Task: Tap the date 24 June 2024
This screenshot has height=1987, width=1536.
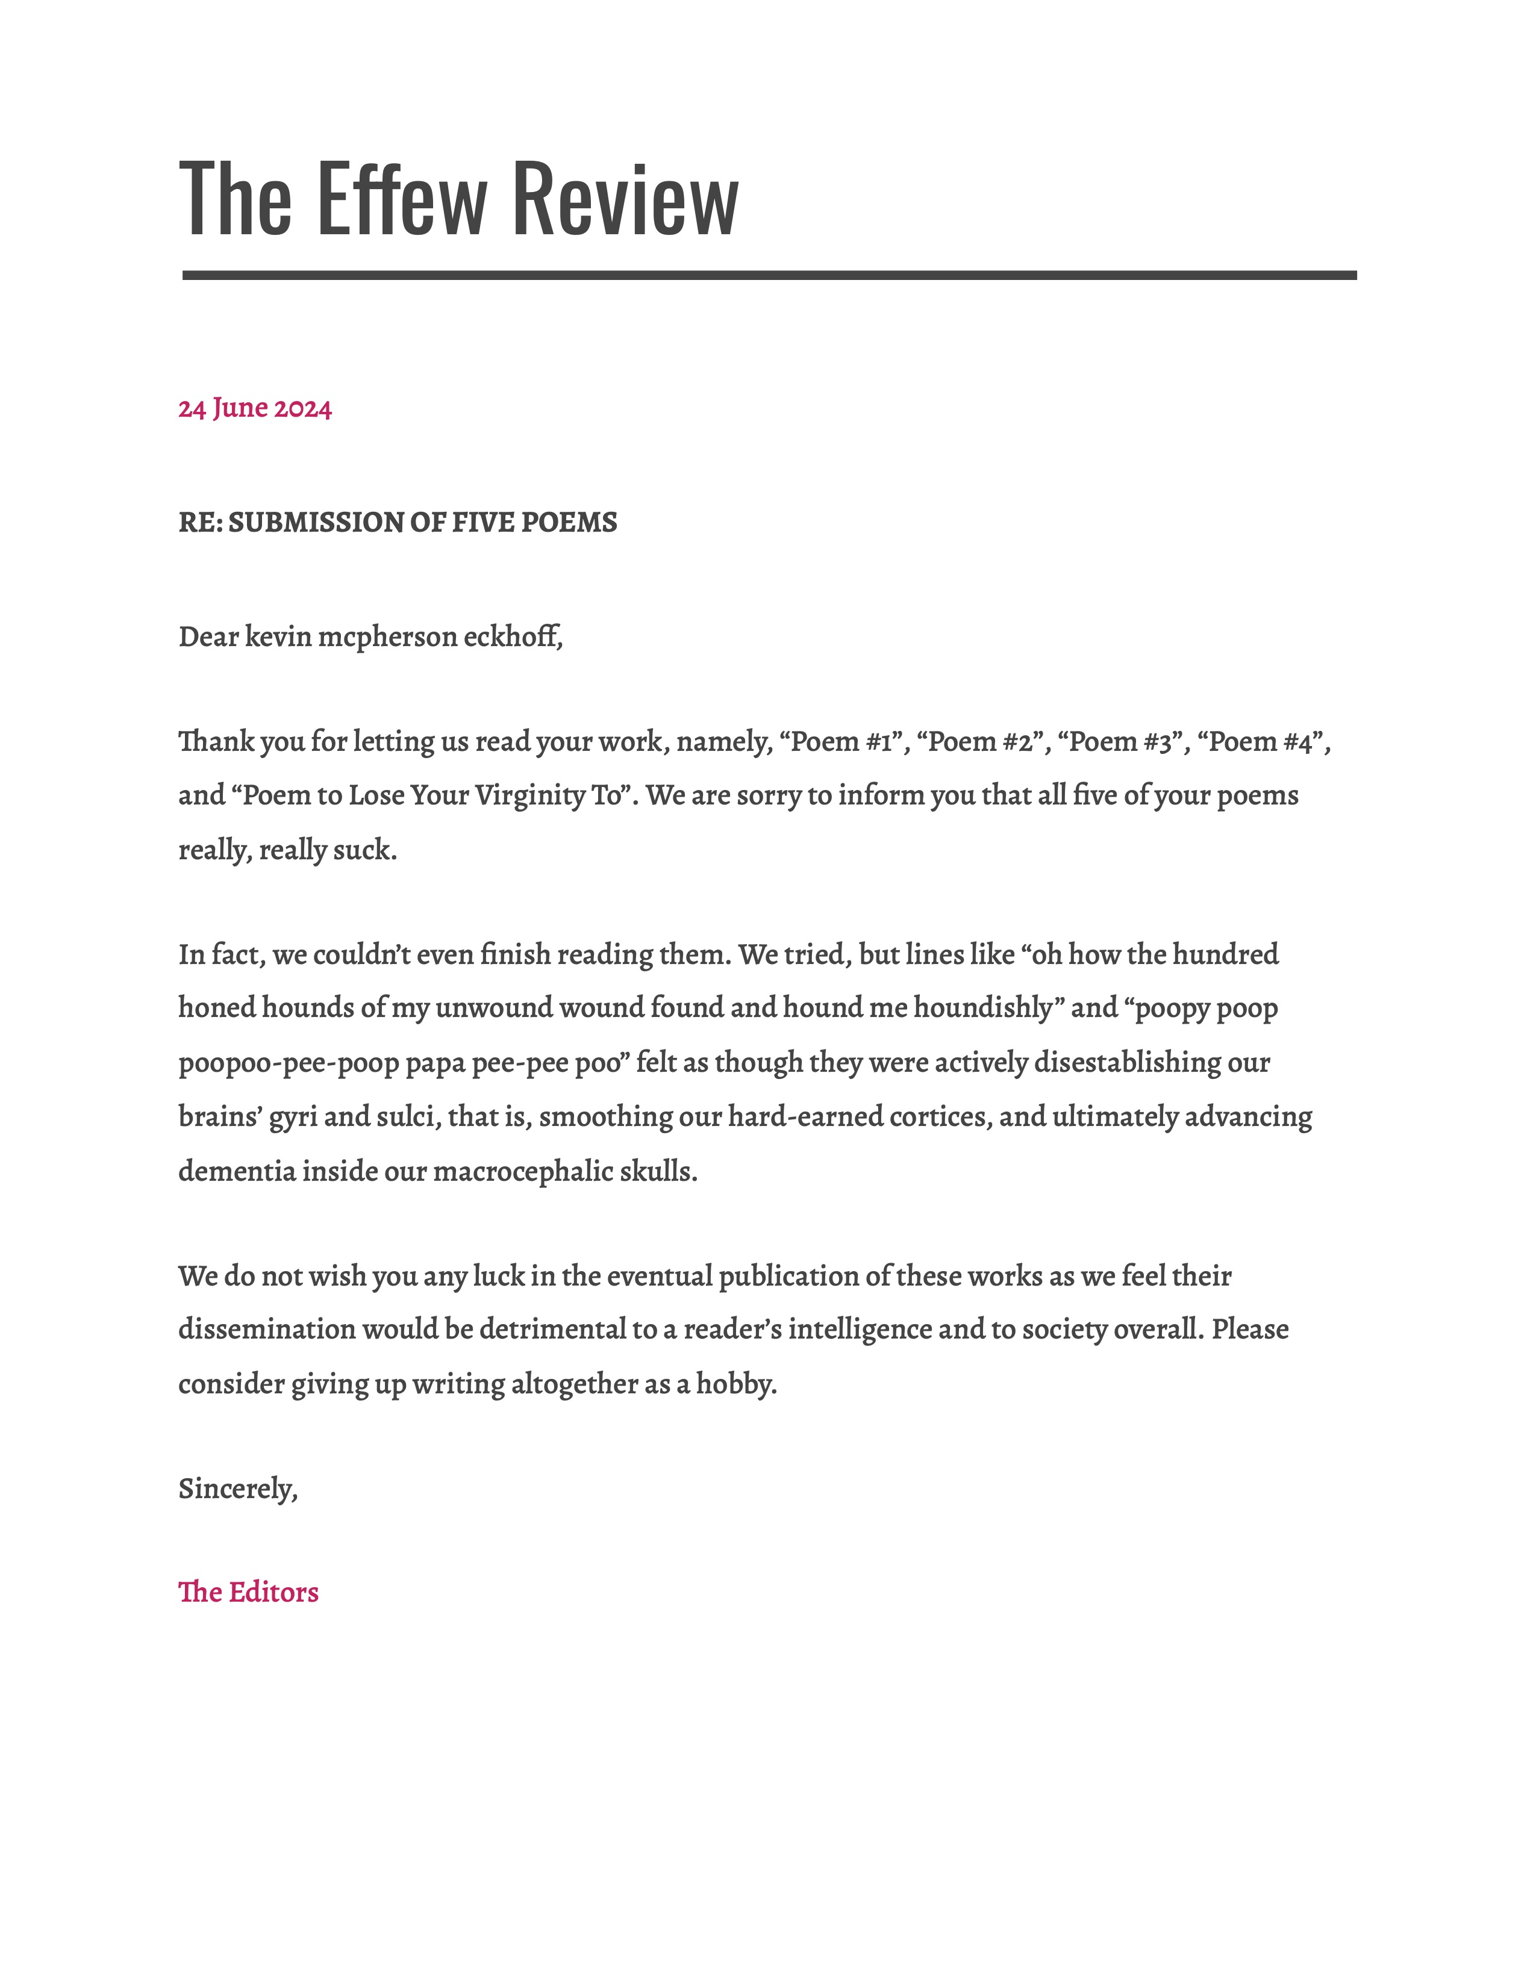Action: (x=255, y=408)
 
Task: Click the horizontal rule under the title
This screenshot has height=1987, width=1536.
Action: (x=769, y=275)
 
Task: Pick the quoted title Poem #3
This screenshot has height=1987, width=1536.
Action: (x=1124, y=741)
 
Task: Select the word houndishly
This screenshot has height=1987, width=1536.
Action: (x=983, y=1008)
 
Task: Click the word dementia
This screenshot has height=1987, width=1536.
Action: (x=237, y=1171)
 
